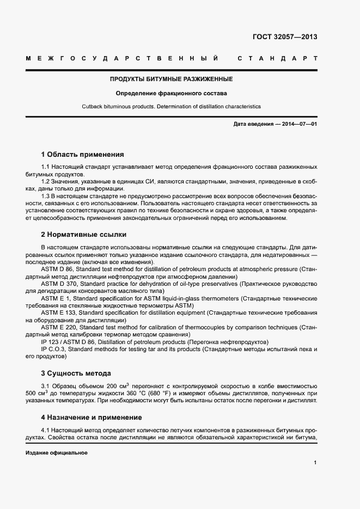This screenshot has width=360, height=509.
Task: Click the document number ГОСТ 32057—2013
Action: tap(284, 38)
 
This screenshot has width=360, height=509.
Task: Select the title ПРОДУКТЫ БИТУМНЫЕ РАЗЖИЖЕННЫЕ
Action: tap(172, 79)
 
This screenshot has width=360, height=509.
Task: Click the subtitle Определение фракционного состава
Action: tap(171, 93)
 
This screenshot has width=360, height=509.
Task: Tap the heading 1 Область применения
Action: tap(82, 154)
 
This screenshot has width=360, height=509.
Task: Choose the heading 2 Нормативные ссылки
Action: tap(83, 235)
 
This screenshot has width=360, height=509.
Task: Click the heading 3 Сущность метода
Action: tap(76, 373)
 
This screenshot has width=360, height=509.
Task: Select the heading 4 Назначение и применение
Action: tap(91, 418)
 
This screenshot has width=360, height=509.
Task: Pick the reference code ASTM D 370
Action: tap(60, 284)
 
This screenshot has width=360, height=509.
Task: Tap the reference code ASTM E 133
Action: tap(60, 312)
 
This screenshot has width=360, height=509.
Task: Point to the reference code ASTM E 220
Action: tap(60, 327)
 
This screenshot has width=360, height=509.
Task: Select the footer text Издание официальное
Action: tap(56, 453)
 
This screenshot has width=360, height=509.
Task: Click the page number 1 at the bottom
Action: tap(315, 463)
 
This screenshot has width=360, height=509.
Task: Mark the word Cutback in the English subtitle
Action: tap(92, 107)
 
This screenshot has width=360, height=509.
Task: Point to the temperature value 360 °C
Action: tap(152, 393)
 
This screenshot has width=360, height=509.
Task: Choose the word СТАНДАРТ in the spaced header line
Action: tap(278, 58)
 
